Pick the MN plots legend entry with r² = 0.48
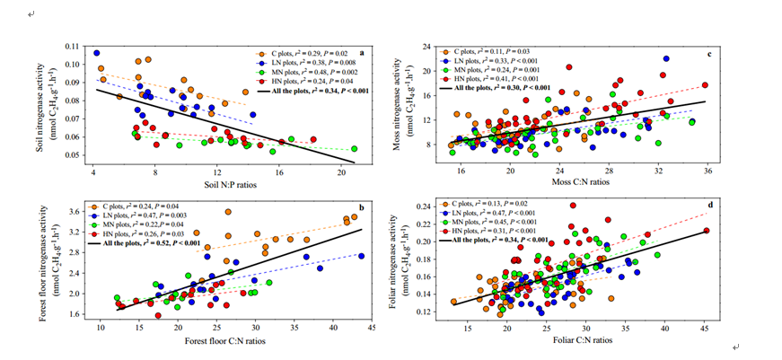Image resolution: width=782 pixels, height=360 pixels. (x=302, y=72)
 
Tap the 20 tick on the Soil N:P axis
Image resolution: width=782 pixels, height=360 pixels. (x=341, y=171)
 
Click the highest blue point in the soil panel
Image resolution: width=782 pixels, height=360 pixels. (x=96, y=53)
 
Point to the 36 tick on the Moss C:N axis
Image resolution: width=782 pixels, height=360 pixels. (x=707, y=170)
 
